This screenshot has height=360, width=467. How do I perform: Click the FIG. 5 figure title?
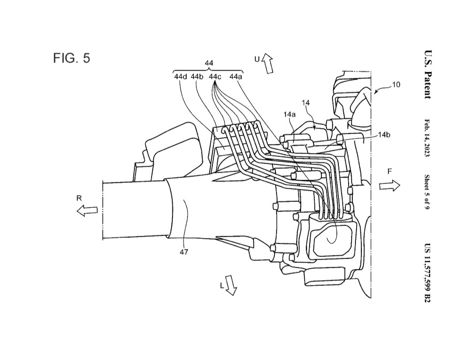tap(72, 58)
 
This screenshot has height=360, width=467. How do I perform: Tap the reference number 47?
tap(184, 252)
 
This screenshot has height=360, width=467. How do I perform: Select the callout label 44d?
tap(180, 76)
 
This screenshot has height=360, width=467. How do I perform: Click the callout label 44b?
tap(197, 76)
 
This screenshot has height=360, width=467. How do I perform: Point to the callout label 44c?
tap(215, 76)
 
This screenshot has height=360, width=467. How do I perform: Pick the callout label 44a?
tap(236, 76)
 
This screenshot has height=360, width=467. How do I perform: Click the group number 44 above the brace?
tap(209, 63)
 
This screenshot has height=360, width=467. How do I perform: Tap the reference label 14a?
tap(289, 114)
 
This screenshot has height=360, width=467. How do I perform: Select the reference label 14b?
tap(384, 135)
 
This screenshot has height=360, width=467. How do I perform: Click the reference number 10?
tap(396, 84)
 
